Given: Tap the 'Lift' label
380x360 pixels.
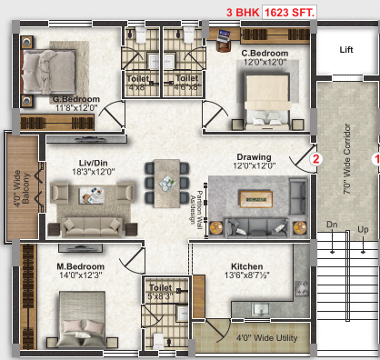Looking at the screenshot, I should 346,51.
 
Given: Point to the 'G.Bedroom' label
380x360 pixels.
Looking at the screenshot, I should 75,100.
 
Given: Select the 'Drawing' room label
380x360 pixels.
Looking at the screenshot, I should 254,156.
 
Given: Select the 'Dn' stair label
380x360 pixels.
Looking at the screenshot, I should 333,223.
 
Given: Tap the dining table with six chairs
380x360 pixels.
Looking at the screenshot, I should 165,181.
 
